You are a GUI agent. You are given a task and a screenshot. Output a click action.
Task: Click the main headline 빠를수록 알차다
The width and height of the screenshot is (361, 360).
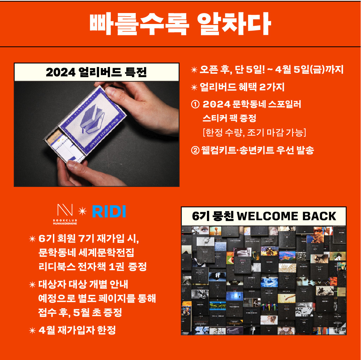coord(180,24)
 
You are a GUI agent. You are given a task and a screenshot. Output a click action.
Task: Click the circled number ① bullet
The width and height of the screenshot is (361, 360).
coord(195,105)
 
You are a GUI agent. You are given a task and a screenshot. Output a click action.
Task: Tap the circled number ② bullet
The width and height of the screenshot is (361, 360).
coord(195,150)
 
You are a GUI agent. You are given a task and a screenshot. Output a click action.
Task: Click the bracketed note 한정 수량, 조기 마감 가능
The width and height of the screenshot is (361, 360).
coord(254,133)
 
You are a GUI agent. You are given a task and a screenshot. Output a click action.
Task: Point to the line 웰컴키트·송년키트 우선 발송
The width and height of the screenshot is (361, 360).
coord(257,150)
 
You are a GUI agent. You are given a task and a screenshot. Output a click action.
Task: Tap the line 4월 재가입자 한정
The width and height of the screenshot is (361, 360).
coord(77,330)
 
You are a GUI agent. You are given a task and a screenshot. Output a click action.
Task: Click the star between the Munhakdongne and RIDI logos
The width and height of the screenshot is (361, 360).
coord(82,211)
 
